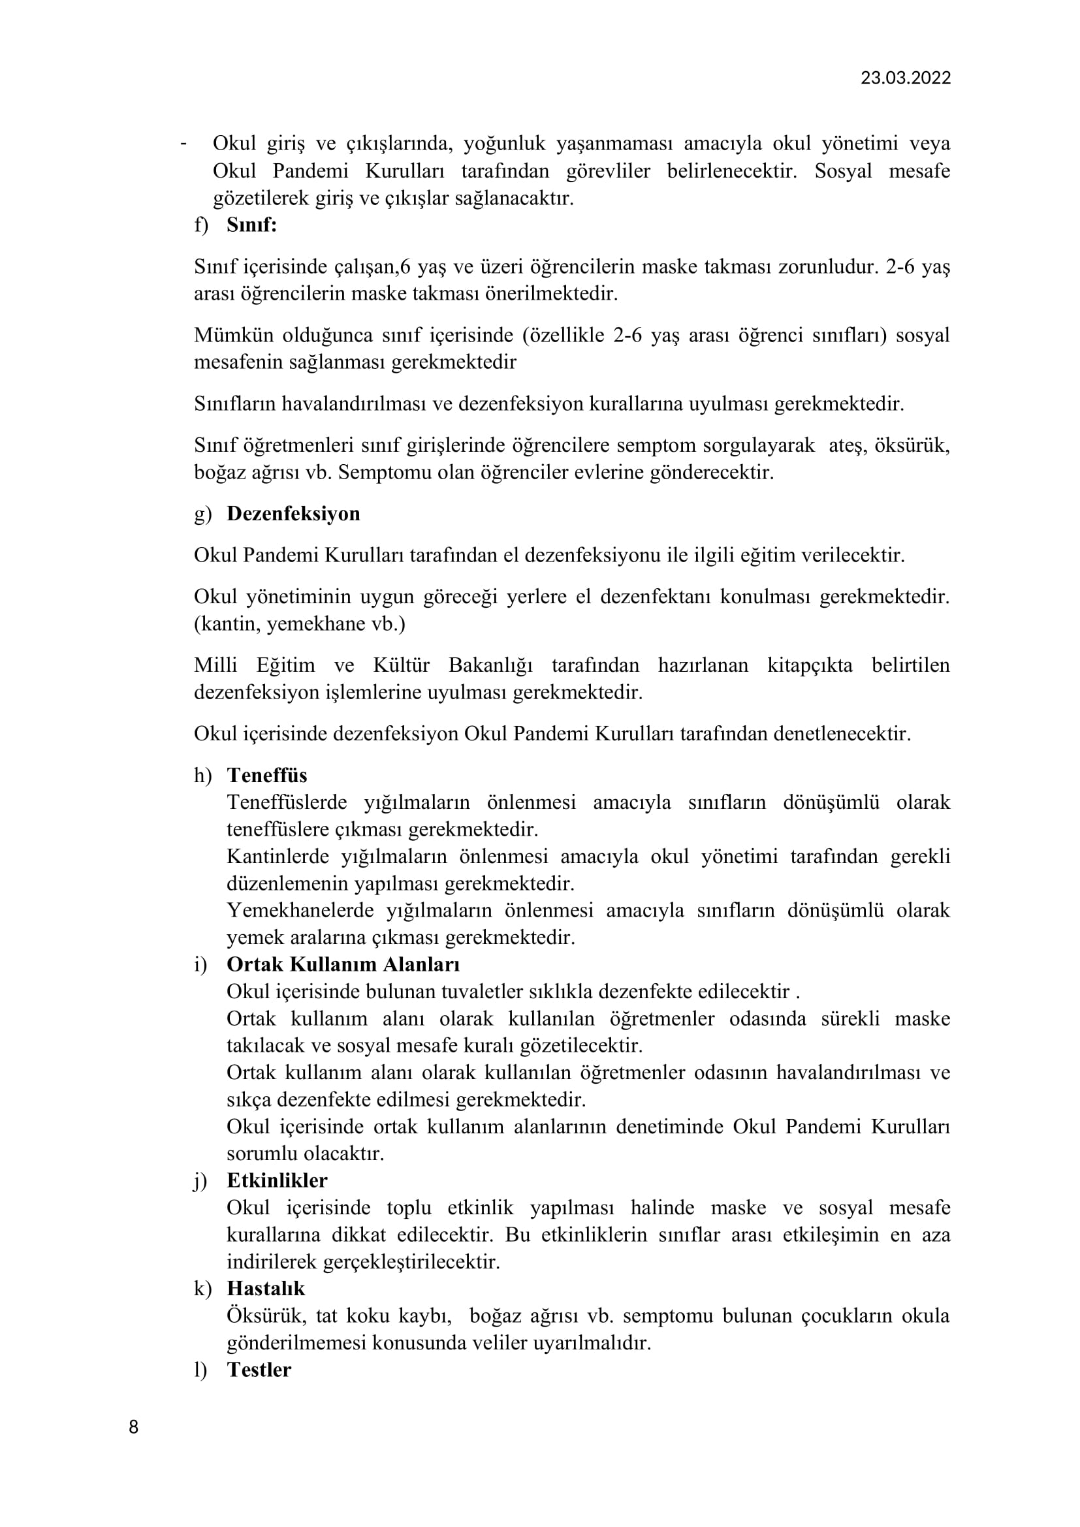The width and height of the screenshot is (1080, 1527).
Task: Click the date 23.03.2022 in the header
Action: [905, 78]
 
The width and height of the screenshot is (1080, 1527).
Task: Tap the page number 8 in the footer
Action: [134, 1427]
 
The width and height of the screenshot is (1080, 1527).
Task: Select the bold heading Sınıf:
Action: [251, 225]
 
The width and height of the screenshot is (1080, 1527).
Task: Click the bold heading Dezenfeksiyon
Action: [293, 513]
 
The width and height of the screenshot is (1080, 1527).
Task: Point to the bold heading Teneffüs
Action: [266, 775]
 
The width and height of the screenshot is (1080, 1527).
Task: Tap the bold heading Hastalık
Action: [265, 1288]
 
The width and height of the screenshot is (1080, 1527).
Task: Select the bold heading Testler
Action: [259, 1370]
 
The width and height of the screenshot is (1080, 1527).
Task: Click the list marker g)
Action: [202, 514]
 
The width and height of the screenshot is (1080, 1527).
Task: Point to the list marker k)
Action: [202, 1289]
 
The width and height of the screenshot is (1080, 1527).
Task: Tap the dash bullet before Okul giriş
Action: [183, 144]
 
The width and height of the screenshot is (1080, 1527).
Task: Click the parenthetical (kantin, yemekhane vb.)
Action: [299, 624]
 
